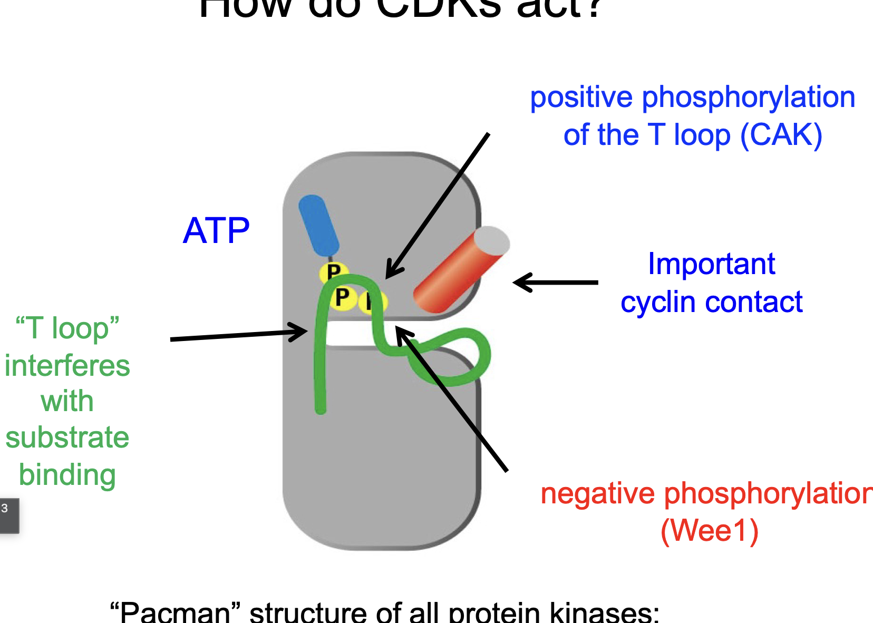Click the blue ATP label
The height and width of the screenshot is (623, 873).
[x=216, y=231]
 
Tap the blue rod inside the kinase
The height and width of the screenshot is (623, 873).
[x=318, y=226]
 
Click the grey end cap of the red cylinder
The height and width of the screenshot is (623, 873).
[x=492, y=241]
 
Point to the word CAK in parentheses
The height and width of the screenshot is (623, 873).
[x=781, y=135]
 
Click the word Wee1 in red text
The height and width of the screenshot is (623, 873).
[x=709, y=531]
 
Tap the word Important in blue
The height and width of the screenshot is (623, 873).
[x=711, y=264]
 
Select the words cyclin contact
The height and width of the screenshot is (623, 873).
[x=711, y=303]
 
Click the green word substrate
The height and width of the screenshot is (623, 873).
[x=67, y=437]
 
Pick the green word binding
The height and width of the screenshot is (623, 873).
[x=67, y=475]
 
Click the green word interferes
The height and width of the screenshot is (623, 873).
[x=67, y=366]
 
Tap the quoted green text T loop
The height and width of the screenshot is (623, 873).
[x=67, y=328]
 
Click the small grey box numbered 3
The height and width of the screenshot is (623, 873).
[x=8, y=515]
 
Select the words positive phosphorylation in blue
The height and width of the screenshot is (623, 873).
[x=692, y=98]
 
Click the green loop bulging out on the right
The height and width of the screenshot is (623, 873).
[x=474, y=358]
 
